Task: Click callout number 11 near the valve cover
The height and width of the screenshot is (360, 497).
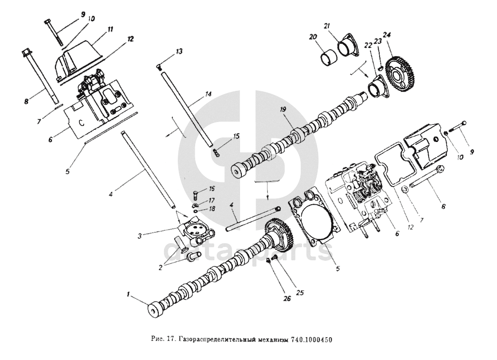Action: click(x=110, y=29)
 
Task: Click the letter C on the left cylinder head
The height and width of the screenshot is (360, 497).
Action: click(x=81, y=122)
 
